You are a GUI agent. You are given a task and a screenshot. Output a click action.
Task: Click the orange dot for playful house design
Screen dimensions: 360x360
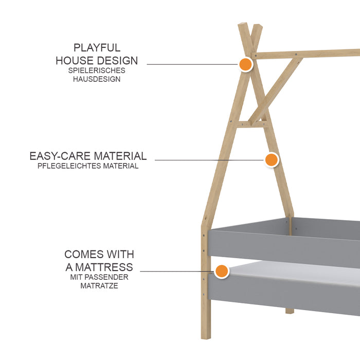[x=245, y=64]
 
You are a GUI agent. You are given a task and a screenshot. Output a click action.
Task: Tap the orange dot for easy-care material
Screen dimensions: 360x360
[x=272, y=160]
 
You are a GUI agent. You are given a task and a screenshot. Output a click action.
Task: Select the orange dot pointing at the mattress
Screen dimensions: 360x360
[x=222, y=271]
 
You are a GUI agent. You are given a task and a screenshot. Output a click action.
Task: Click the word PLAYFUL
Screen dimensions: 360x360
[x=97, y=48]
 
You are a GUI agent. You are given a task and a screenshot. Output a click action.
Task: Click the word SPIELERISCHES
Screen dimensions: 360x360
[x=97, y=70]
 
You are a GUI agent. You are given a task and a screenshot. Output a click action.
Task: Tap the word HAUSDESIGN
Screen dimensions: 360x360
[x=97, y=79]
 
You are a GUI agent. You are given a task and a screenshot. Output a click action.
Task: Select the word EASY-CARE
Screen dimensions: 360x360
[x=60, y=156]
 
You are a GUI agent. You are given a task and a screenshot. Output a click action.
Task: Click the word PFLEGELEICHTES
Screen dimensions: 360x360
[x=69, y=166]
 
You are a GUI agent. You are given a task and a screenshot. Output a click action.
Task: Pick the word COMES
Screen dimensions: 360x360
[x=84, y=255]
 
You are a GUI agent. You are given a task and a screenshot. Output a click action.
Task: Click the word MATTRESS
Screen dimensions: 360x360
[x=104, y=267]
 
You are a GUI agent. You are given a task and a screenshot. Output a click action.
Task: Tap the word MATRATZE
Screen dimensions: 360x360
[x=99, y=286]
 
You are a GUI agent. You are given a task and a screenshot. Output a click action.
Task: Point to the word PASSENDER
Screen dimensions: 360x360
[x=106, y=277]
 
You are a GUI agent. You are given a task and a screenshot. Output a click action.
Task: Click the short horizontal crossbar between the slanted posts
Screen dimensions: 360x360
[x=252, y=124]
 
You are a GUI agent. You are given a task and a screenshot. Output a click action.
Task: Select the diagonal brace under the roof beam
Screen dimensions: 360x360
[x=276, y=92]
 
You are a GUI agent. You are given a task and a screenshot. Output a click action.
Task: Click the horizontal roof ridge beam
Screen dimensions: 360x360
[x=305, y=54]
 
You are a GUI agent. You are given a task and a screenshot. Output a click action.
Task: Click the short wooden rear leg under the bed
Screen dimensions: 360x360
[x=290, y=311]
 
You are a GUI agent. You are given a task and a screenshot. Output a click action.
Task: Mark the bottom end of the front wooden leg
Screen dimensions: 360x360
[x=206, y=338]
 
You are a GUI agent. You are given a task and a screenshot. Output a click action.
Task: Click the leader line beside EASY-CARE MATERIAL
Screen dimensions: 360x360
[x=209, y=160]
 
